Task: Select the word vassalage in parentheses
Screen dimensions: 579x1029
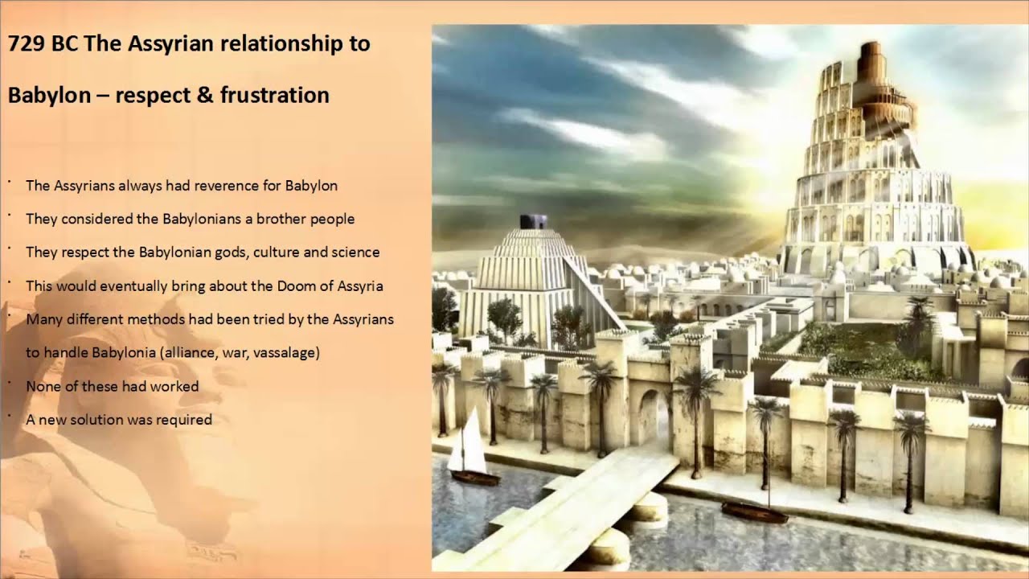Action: [288, 353]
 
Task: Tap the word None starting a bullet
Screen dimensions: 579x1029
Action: [41, 387]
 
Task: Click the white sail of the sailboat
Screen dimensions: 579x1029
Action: [469, 443]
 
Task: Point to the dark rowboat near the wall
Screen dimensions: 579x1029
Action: [754, 512]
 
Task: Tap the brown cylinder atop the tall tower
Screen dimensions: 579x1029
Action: [869, 60]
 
